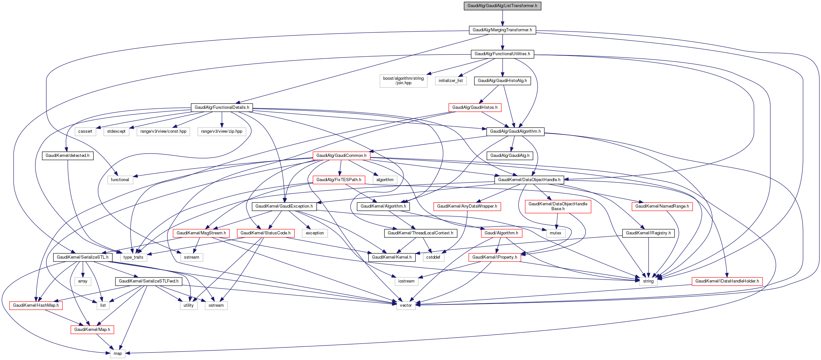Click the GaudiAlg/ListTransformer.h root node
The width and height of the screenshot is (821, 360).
[x=502, y=6]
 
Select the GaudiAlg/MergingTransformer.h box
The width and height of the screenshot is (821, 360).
[x=502, y=30]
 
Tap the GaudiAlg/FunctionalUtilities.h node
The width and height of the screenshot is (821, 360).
[x=502, y=54]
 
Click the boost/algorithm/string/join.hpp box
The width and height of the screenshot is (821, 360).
[x=403, y=81]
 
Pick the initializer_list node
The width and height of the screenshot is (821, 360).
[x=450, y=81]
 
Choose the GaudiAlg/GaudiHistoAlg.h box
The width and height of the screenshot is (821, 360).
[x=502, y=81]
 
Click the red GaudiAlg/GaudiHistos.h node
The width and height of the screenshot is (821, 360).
[x=475, y=108]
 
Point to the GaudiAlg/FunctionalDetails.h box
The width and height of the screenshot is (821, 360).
[x=222, y=108]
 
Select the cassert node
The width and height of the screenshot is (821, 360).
[x=85, y=131]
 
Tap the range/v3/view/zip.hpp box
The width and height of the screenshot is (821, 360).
[x=221, y=131]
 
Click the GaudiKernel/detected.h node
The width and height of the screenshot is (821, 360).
[x=67, y=156]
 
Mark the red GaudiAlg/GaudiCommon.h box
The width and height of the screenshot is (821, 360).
[x=341, y=156]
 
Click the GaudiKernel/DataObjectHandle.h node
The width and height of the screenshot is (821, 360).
[x=529, y=180]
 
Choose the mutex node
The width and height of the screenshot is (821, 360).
[x=555, y=233]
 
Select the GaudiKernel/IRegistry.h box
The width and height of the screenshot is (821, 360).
[x=648, y=233]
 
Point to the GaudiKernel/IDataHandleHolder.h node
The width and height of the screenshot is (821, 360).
[x=727, y=281]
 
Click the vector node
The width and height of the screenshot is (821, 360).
[x=406, y=305]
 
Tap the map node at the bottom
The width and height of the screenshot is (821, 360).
[x=118, y=354]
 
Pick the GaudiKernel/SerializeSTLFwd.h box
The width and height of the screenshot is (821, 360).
[x=149, y=281]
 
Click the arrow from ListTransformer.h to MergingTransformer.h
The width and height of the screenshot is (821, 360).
[x=502, y=18]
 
